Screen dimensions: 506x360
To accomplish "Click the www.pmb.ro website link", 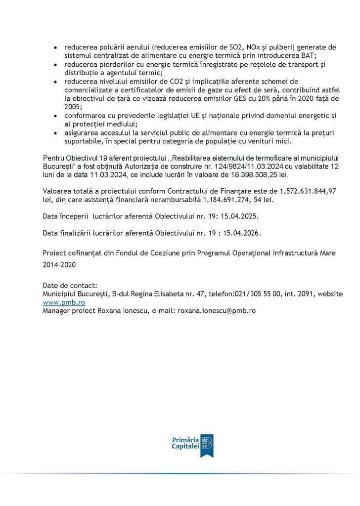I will [64, 302].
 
